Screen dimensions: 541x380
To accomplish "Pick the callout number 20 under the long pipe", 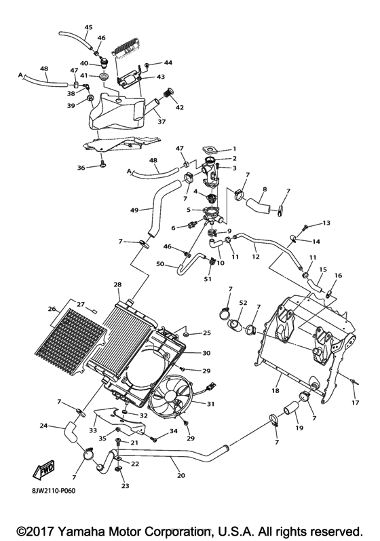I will tap(180, 477).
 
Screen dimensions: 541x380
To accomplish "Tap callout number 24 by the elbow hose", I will tap(43, 426).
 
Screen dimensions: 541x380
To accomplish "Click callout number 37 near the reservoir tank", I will tap(161, 122).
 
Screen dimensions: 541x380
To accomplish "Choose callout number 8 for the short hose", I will tap(264, 189).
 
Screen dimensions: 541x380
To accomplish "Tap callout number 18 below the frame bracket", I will tap(275, 391).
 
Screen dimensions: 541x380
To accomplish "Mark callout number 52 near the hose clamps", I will tap(242, 302).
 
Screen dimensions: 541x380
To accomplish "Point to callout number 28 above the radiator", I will tap(117, 284).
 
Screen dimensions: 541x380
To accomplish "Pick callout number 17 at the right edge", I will tap(354, 403).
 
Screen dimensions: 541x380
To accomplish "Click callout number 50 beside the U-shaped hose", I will tap(160, 263).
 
